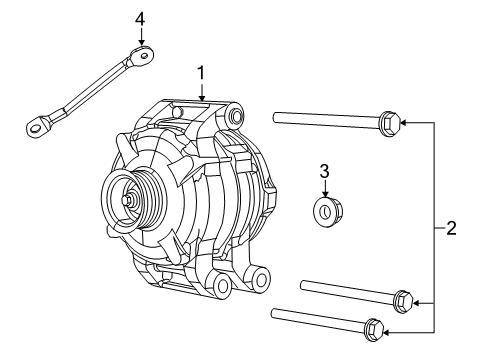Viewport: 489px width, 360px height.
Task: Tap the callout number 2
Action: point(451,228)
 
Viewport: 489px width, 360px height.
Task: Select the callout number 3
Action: point(324,172)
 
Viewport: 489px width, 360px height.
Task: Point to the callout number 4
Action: point(140,19)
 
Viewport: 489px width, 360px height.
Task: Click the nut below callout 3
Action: point(326,210)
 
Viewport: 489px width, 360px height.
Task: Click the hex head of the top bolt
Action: point(392,124)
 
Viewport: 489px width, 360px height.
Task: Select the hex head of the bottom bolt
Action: point(373,326)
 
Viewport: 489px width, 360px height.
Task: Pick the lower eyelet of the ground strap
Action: point(39,126)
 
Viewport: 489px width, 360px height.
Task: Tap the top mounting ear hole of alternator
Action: point(236,117)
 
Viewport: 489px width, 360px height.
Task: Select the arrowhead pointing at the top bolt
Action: point(407,123)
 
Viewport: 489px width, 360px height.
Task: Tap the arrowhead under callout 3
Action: point(325,195)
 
